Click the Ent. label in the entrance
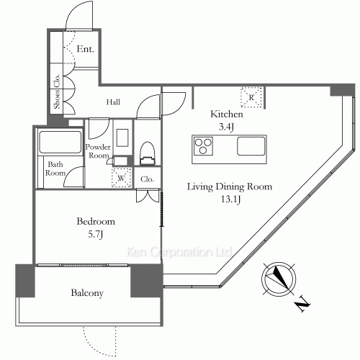[x=85, y=49]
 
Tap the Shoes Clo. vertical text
[x=57, y=91]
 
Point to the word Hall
[x=113, y=102]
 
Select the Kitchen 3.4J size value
[x=226, y=127]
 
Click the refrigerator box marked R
[x=251, y=97]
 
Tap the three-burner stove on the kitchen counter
[x=203, y=146]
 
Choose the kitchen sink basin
[x=251, y=146]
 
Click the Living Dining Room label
[x=230, y=186]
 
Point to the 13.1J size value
[x=230, y=199]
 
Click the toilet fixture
[x=147, y=153]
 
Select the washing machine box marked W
[x=122, y=178]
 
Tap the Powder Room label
[x=98, y=151]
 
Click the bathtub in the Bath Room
[x=60, y=142]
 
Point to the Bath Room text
[x=55, y=168]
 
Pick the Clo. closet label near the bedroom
[x=147, y=179]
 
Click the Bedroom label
[x=96, y=221]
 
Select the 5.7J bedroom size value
[x=95, y=234]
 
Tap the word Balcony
[x=87, y=293]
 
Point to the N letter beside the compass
[x=302, y=305]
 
